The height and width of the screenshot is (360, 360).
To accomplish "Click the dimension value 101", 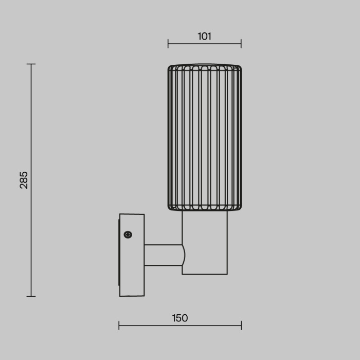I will click(204, 37).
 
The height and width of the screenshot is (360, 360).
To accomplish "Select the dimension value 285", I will click(24, 179).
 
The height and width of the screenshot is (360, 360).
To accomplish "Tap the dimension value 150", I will click(179, 318).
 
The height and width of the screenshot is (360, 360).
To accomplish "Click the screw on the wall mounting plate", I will click(128, 235).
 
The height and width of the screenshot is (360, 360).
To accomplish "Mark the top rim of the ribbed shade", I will click(204, 66).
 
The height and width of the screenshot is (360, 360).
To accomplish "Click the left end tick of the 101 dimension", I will click(168, 44).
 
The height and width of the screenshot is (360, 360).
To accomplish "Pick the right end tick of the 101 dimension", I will click(241, 44).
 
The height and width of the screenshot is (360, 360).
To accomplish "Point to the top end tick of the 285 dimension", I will click(31, 64).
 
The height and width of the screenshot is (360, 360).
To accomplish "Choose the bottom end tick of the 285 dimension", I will click(31, 296).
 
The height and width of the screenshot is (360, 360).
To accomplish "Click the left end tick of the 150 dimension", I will click(119, 325).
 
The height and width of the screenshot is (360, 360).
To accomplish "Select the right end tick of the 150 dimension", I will click(241, 325).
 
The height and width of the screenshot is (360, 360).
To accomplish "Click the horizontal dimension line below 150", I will click(154, 325).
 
